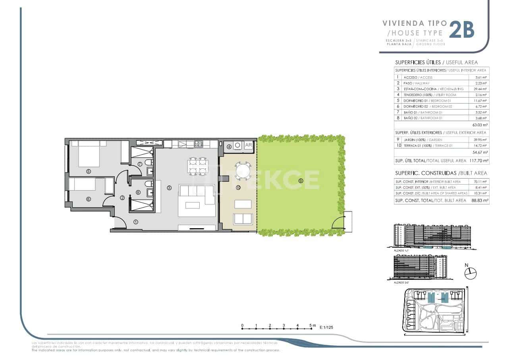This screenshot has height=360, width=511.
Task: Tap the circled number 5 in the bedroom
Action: pyautogui.click(x=89, y=171)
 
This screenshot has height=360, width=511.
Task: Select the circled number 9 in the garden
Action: pyautogui.click(x=301, y=181)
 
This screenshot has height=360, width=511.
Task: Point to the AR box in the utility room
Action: pyautogui.click(x=249, y=145)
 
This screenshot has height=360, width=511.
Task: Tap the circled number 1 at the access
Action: pyautogui.click(x=136, y=222)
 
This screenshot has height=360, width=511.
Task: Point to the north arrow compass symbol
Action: pyautogui.click(x=470, y=273)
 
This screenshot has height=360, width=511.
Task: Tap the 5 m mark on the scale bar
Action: pyautogui.click(x=312, y=325)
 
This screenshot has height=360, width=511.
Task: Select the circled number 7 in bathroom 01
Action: pyautogui.click(x=140, y=164)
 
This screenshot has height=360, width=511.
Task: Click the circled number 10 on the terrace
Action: pyautogui.click(x=238, y=187)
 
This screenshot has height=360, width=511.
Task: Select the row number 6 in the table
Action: pyautogui.click(x=398, y=106)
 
